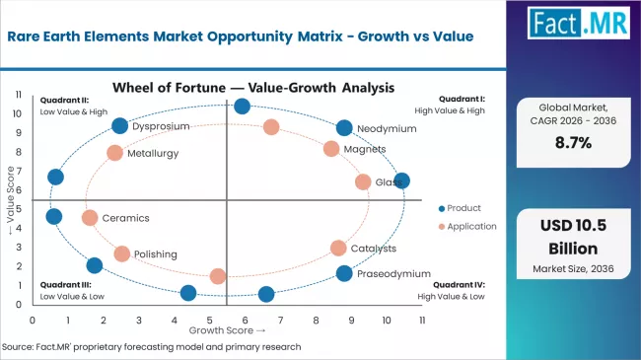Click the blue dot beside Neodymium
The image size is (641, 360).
pyautogui.click(x=344, y=127)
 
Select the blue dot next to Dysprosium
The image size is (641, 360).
pyautogui.click(x=120, y=125)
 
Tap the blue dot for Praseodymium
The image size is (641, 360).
pyautogui.click(x=344, y=273)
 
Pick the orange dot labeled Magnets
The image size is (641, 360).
pyautogui.click(x=331, y=149)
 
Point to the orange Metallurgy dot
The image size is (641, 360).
pyautogui.click(x=114, y=153)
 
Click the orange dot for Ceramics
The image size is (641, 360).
pyautogui.click(x=90, y=218)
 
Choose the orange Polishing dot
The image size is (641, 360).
pyautogui.click(x=121, y=253)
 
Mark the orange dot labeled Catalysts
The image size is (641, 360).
pyautogui.click(x=338, y=249)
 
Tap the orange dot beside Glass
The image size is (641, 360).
pyautogui.click(x=363, y=181)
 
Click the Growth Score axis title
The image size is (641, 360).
pyautogui.click(x=228, y=331)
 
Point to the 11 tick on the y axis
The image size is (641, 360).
pyautogui.click(x=18, y=95)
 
